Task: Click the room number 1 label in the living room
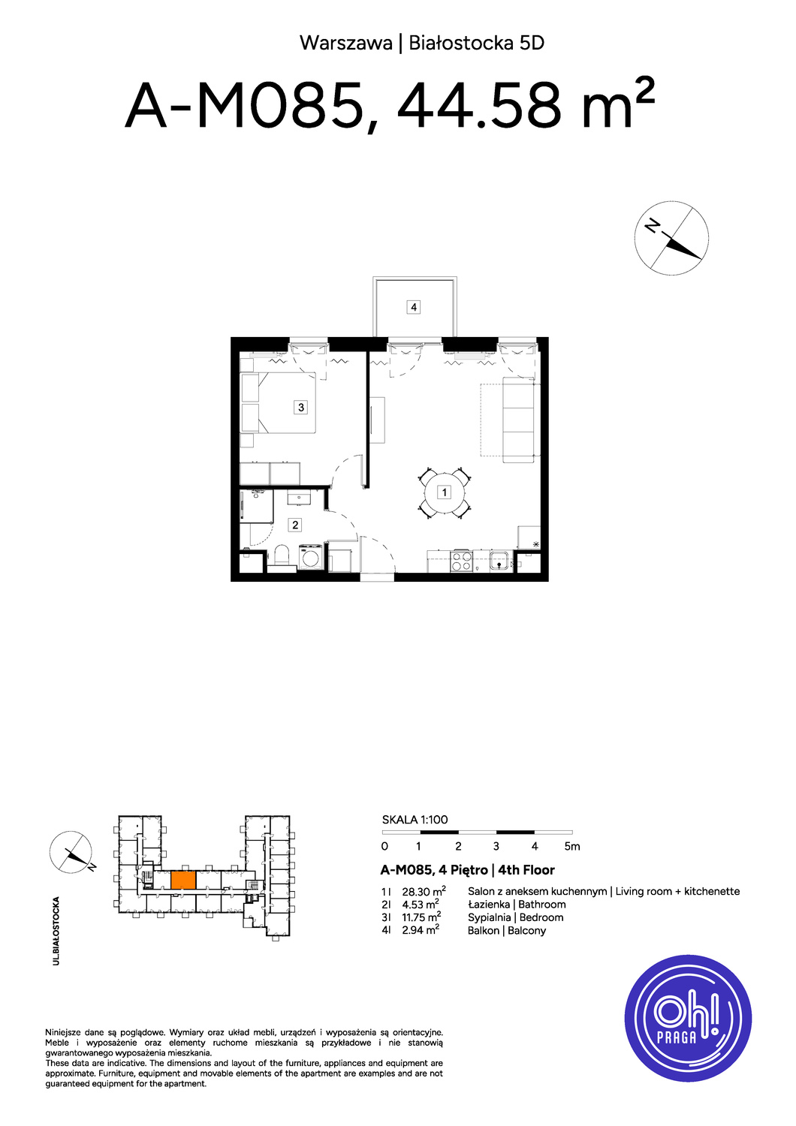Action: [444, 492]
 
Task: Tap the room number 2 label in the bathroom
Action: [295, 525]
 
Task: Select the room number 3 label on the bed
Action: [300, 407]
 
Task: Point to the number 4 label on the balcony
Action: [413, 306]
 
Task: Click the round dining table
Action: [445, 492]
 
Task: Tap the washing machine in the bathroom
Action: [311, 557]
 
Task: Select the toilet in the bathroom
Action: [282, 558]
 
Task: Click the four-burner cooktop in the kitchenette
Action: [461, 561]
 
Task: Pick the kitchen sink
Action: [499, 561]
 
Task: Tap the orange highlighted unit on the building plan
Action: [183, 881]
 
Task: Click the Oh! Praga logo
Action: [688, 1019]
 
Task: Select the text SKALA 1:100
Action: [415, 820]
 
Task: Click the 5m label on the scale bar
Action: [572, 847]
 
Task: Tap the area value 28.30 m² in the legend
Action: [424, 891]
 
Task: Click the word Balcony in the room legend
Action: [526, 931]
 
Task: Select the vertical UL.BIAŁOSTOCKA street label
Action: [56, 931]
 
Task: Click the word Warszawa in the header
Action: [346, 44]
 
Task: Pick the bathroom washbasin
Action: [299, 498]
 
